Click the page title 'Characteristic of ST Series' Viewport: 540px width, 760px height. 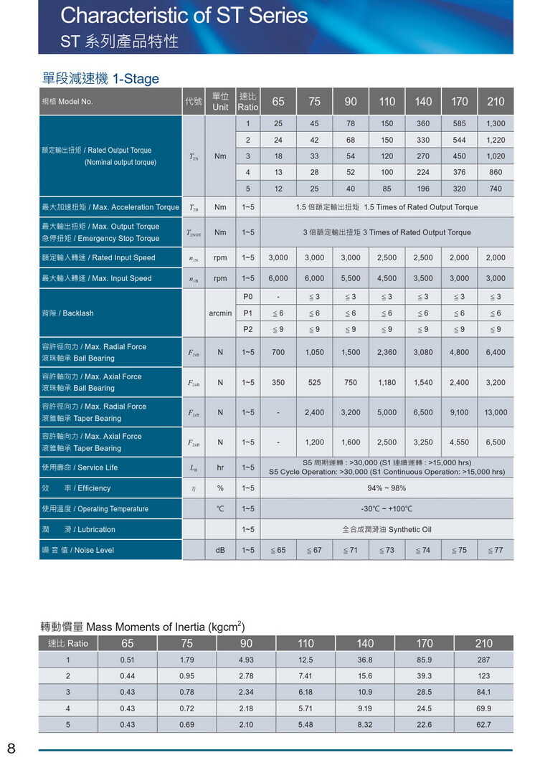pyautogui.click(x=184, y=16)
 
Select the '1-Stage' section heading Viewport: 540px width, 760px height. pyautogui.click(x=136, y=79)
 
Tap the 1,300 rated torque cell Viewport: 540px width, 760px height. pyautogui.click(x=495, y=123)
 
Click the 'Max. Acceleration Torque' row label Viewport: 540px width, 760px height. pyautogui.click(x=110, y=207)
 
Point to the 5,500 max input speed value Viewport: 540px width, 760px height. pyautogui.click(x=351, y=278)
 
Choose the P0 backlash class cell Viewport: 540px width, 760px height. pyautogui.click(x=247, y=296)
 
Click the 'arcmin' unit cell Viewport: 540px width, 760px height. pyautogui.click(x=220, y=313)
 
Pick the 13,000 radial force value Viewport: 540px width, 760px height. pyautogui.click(x=495, y=412)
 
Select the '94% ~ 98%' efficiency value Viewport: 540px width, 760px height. pyautogui.click(x=387, y=488)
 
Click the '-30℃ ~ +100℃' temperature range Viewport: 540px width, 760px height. pyautogui.click(x=387, y=509)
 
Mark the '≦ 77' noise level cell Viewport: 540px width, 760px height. pyautogui.click(x=495, y=551)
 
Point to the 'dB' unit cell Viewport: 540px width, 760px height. pyautogui.click(x=220, y=551)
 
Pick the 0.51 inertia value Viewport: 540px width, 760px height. pyautogui.click(x=128, y=660)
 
